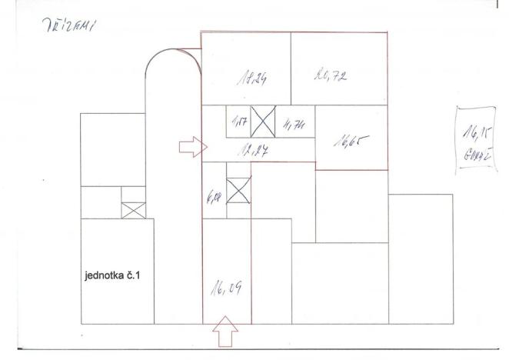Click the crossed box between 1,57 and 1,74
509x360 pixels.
pyautogui.click(x=264, y=121)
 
